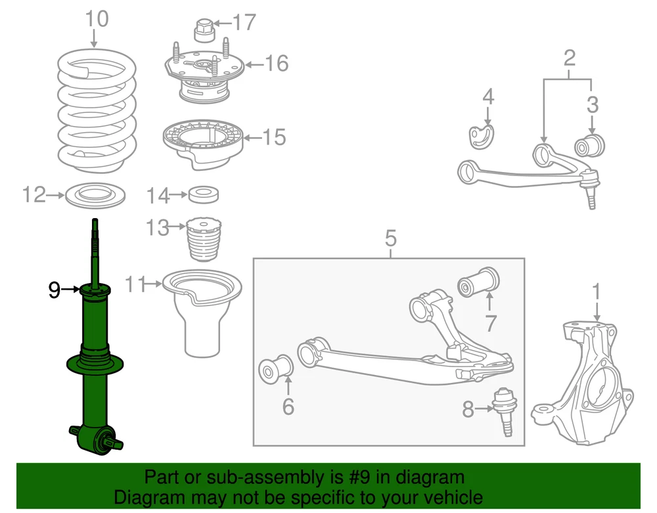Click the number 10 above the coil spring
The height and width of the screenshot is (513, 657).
(97, 20)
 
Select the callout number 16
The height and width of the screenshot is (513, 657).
(277, 64)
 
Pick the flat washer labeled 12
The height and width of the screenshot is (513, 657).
(97, 195)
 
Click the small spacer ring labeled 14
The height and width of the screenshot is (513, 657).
(204, 195)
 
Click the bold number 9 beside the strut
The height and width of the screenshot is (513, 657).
(55, 289)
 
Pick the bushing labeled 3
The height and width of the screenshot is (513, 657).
(591, 145)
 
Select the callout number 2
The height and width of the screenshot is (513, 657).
(569, 58)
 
